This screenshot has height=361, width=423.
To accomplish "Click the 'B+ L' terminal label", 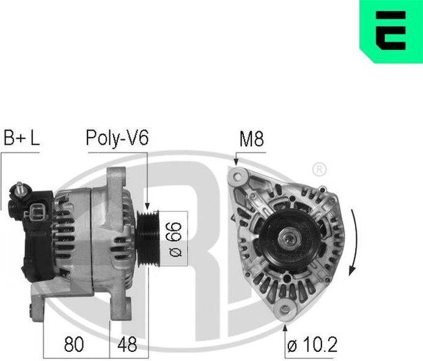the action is click(x=21, y=138).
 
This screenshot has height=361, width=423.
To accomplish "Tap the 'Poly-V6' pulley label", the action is click(x=117, y=139).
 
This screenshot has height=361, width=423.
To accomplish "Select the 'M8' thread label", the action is click(x=251, y=139).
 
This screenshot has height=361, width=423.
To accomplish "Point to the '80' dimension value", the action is click(x=74, y=345).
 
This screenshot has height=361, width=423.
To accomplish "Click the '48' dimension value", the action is click(x=127, y=345).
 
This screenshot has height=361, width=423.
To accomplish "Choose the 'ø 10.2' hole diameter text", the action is click(x=312, y=345).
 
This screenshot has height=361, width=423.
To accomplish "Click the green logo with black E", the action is click(x=391, y=32).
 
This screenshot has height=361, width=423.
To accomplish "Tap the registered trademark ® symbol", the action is click(x=319, y=170).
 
